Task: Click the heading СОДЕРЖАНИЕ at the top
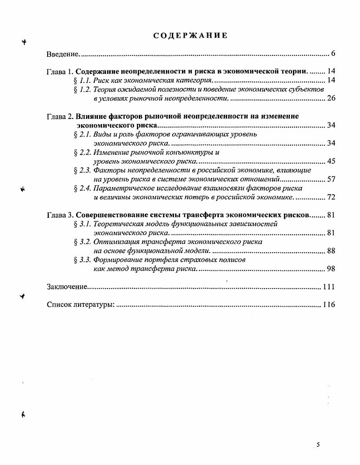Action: pos(190,35)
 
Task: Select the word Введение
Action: pos(63,54)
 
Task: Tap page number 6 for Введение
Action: pos(333,54)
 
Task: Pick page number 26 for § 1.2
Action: pos(331,98)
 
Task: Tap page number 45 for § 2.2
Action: pos(331,161)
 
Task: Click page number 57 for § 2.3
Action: pos(331,179)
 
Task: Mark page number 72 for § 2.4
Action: pos(331,197)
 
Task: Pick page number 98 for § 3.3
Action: pos(331,269)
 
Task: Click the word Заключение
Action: pos(66,287)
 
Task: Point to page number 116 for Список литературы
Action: pos(329,304)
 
